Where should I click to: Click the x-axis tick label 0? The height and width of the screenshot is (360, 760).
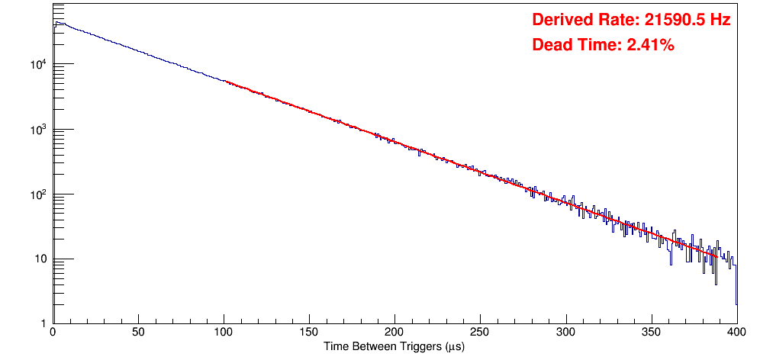(52, 333)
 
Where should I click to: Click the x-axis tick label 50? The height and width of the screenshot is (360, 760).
(138, 333)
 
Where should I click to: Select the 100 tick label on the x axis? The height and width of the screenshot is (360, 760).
(224, 333)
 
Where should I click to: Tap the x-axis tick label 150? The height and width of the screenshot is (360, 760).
(309, 333)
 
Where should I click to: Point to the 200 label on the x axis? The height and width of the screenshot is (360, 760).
(394, 333)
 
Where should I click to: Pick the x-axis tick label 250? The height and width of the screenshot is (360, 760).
(480, 333)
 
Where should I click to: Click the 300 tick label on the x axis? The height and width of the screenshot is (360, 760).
(565, 333)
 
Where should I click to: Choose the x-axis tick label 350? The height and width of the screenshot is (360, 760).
(651, 333)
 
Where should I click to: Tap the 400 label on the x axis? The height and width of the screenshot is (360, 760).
(736, 333)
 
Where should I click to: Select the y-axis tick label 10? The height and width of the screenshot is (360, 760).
(40, 259)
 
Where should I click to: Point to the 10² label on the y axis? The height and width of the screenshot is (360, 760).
(38, 194)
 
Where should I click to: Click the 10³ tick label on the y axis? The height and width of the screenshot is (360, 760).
(38, 129)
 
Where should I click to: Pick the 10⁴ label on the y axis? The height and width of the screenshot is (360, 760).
(38, 64)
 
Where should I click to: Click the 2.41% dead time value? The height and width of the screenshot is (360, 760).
(650, 46)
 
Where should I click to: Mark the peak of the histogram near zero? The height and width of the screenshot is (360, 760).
(56, 22)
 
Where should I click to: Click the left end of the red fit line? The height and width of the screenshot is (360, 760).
(226, 82)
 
